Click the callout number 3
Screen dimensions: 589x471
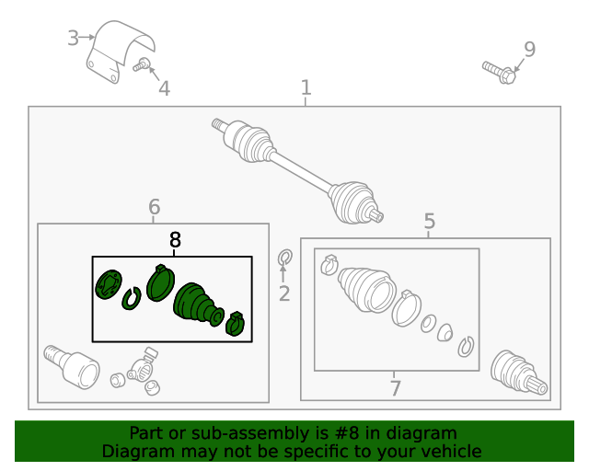point(73,38)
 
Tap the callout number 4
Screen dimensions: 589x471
point(164,88)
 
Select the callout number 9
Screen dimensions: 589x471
point(528,49)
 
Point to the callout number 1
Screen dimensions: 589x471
point(306,88)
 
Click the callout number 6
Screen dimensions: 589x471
point(154,207)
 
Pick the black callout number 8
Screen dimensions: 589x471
point(175,240)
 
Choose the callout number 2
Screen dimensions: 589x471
point(283,293)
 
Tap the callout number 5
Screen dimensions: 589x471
point(429,221)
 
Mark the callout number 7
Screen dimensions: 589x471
point(395,387)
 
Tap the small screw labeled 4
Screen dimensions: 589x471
point(142,64)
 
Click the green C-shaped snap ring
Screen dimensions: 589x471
point(131,298)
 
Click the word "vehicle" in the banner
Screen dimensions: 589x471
point(447,451)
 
